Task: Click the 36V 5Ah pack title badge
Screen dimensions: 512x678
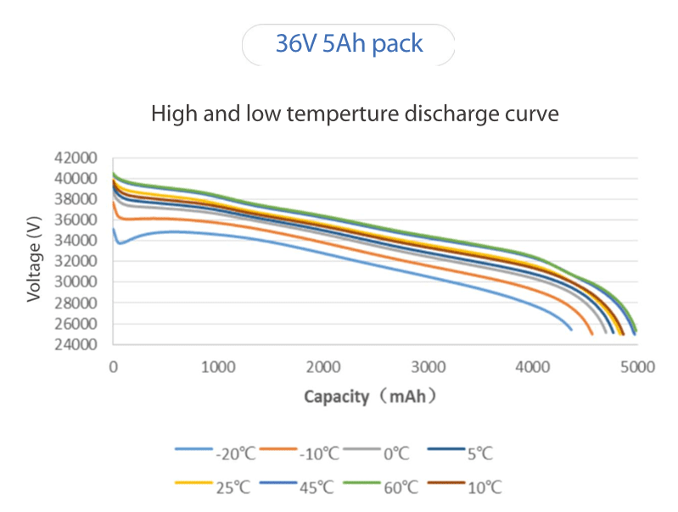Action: point(349,44)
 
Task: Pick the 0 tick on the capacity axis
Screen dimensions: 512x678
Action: point(114,366)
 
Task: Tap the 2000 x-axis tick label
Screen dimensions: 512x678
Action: point(323,366)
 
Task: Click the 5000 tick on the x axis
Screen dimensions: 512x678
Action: point(636,366)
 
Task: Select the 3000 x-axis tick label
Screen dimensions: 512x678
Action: point(429,366)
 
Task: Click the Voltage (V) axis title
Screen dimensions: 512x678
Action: point(35,259)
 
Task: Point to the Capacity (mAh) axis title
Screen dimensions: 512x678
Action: point(370,396)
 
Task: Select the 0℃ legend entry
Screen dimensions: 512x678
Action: point(381,454)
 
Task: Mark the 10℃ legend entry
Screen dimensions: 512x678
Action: point(471,487)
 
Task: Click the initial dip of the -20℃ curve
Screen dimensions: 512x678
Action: point(120,243)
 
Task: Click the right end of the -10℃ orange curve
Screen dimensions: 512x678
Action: point(591,333)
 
